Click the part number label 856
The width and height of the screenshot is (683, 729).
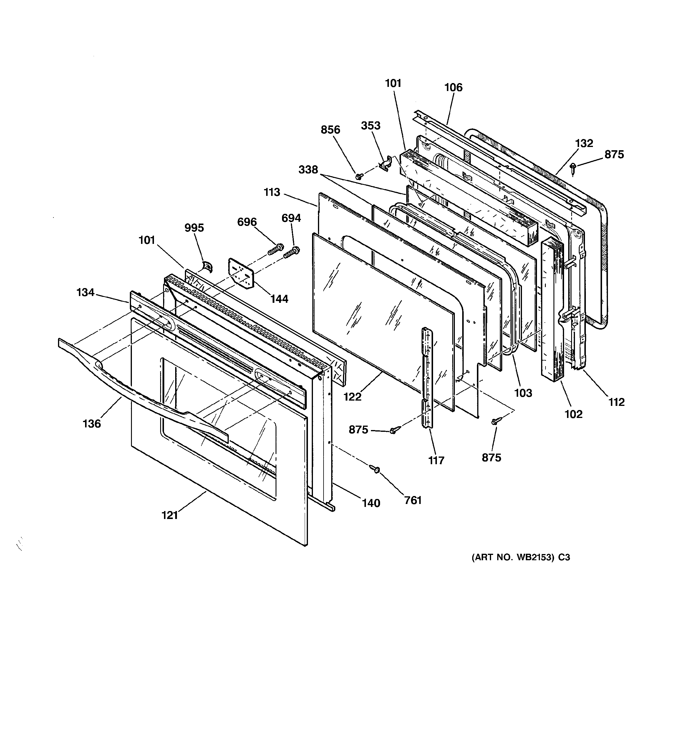pos(330,130)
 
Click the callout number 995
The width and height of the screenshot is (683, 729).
pos(194,228)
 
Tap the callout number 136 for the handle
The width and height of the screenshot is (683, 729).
pos(92,424)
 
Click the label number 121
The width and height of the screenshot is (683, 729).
pos(170,515)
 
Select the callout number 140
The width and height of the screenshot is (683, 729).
pos(371,503)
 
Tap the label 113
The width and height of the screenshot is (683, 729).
pos(272,192)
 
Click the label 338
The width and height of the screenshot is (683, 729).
pos(308,169)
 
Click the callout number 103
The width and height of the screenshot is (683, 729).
pos(523,393)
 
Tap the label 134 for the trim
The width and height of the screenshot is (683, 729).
pos(85,292)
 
